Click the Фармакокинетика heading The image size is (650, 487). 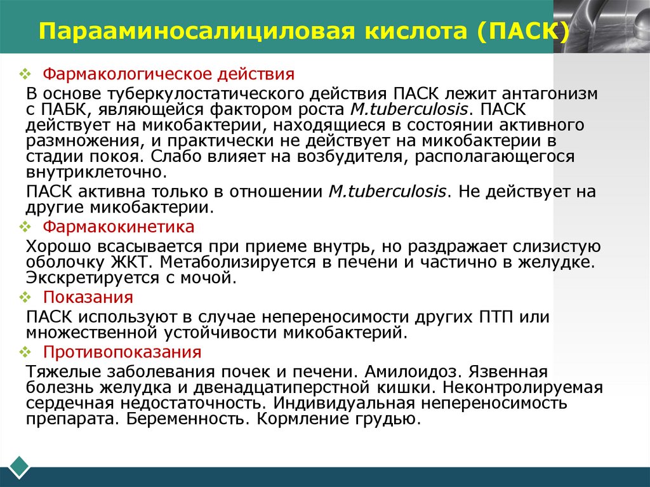tap(119, 227)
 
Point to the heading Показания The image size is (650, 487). tap(88, 297)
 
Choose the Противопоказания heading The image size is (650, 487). tap(122, 352)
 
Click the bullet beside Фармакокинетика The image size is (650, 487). tap(25, 227)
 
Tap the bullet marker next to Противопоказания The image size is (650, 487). tap(25, 352)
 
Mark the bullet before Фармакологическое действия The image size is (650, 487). tap(25, 75)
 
